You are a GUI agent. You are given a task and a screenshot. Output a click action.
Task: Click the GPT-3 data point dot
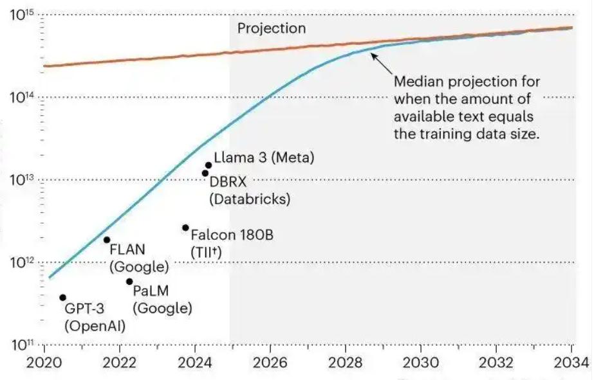(63, 298)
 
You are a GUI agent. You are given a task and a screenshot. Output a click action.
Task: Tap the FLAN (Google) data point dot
(107, 240)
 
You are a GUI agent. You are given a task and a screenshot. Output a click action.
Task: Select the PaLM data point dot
(129, 282)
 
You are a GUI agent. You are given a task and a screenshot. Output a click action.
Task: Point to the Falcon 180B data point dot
(185, 228)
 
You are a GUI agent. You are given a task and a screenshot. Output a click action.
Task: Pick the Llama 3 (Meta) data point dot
(209, 165)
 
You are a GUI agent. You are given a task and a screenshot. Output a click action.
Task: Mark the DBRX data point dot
(205, 173)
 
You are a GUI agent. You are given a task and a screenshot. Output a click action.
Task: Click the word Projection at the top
(272, 28)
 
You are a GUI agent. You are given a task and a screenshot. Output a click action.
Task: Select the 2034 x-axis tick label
(571, 362)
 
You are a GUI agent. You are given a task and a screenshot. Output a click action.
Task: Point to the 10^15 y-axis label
(24, 16)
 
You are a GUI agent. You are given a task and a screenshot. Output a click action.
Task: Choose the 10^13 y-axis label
(24, 179)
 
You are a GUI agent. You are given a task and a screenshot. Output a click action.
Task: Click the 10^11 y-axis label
(24, 345)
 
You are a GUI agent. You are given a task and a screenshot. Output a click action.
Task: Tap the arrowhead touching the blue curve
(373, 56)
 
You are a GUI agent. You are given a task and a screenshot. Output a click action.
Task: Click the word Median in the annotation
(419, 83)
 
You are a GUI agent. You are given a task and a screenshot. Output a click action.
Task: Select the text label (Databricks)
(250, 199)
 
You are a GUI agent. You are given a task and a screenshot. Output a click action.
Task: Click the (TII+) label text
(206, 252)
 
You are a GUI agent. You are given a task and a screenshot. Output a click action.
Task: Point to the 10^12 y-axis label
(24, 262)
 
